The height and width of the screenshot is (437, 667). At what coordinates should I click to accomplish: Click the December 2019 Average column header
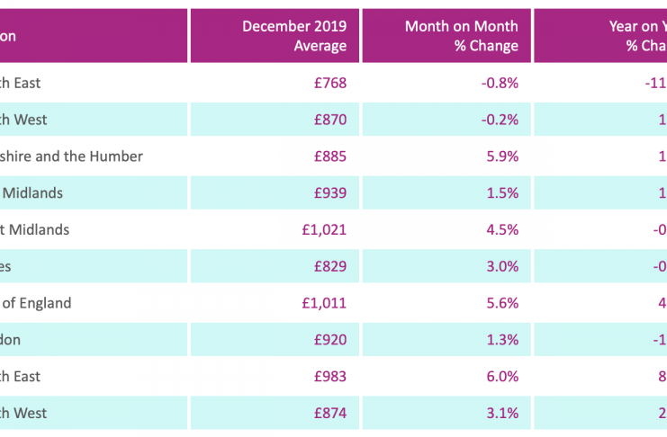293,36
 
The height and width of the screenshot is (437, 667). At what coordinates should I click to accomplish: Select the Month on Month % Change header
461,36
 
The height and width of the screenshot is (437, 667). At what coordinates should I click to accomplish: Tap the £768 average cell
329,83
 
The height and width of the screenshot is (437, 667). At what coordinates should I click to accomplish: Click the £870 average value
329,120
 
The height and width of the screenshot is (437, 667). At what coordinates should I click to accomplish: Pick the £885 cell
329,156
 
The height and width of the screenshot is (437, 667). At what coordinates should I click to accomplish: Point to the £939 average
329,192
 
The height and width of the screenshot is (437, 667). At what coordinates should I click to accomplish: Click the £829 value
329,266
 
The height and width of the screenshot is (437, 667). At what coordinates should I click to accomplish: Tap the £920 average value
329,340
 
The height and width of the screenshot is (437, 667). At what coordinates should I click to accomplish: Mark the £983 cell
329,377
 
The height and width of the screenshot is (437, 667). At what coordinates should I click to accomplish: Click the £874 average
329,414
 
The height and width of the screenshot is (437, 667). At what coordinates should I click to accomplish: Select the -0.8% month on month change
500,83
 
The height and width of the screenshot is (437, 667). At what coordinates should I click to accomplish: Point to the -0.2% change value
500,120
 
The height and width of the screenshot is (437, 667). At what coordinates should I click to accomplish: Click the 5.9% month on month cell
502,156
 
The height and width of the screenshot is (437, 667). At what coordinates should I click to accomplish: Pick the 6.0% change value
502,377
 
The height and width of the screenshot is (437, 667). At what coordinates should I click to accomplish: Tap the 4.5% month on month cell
502,229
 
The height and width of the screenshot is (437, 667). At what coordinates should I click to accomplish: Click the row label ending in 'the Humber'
72,156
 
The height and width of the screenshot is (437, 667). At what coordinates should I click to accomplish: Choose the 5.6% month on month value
502,303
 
